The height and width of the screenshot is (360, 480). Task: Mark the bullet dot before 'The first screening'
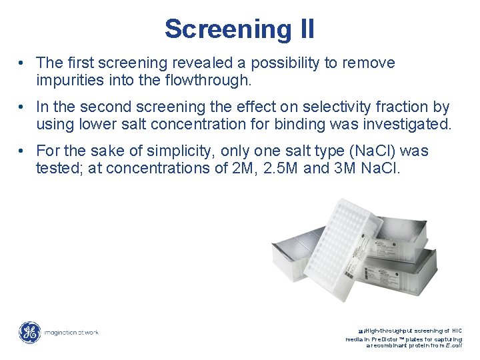22,63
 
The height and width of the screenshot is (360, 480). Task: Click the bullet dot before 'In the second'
22,107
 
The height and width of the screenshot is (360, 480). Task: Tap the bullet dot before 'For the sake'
22,151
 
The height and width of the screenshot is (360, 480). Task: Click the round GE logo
29,332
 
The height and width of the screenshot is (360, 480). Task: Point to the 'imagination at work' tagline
71,332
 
